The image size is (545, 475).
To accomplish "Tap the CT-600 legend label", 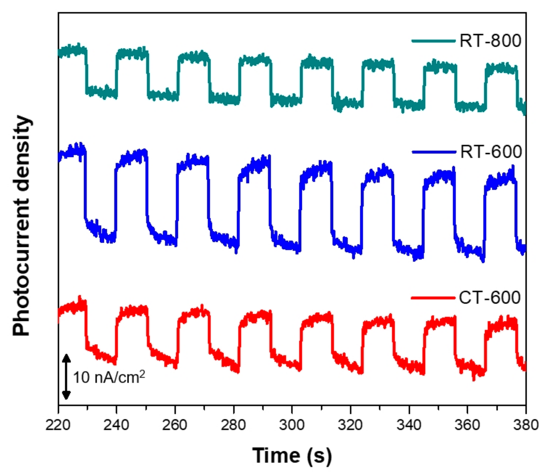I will (490, 298).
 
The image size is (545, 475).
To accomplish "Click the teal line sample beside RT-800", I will (433, 41).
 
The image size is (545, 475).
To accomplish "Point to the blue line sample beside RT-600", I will (434, 152).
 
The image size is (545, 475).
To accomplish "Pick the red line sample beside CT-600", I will (433, 298).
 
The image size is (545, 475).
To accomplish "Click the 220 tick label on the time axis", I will (58, 425).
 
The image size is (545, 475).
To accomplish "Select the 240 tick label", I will (116, 425).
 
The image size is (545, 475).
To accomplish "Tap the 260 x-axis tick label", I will (175, 425).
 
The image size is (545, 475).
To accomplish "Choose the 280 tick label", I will (233, 425).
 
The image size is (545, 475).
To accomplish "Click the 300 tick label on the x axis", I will (292, 425).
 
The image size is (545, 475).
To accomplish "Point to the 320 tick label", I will (350, 425).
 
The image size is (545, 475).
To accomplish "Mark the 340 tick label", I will (409, 425).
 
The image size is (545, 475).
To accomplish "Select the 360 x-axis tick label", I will (467, 425).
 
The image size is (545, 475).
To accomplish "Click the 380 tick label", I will (526, 425).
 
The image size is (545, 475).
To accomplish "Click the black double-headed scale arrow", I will (66, 377).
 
